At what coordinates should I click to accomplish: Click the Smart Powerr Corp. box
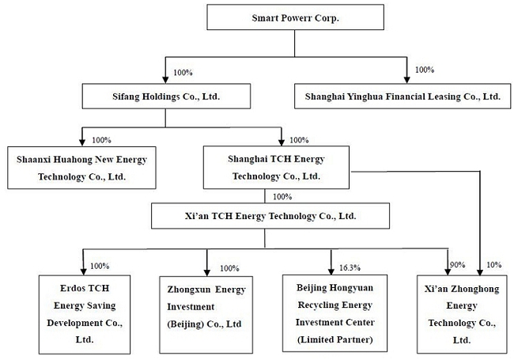point(296,17)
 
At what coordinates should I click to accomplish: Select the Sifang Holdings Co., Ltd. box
point(166,96)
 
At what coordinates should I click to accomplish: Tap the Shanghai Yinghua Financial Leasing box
point(403,96)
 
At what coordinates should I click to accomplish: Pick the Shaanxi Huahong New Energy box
point(81,168)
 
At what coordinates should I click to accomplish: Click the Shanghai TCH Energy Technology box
point(276,167)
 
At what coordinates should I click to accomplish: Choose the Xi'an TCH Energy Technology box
point(270,216)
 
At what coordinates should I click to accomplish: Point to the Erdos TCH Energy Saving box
point(85,314)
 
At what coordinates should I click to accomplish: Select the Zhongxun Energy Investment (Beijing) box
point(206,315)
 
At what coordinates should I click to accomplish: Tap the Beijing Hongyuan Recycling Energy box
point(334,313)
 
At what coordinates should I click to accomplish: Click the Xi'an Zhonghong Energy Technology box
point(462,314)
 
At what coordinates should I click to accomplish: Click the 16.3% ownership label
point(350,268)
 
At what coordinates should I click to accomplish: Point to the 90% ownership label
point(457,264)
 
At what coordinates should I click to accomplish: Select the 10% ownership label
point(494,264)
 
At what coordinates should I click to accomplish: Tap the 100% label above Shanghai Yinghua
point(425,70)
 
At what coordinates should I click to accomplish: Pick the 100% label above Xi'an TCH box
point(282,197)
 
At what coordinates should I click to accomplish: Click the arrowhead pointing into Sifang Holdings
point(165,80)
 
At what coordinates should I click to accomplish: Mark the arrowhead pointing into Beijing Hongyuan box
point(331,271)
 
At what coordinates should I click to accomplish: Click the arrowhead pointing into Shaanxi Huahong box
point(82,142)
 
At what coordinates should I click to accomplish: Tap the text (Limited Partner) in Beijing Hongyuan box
point(335,339)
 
